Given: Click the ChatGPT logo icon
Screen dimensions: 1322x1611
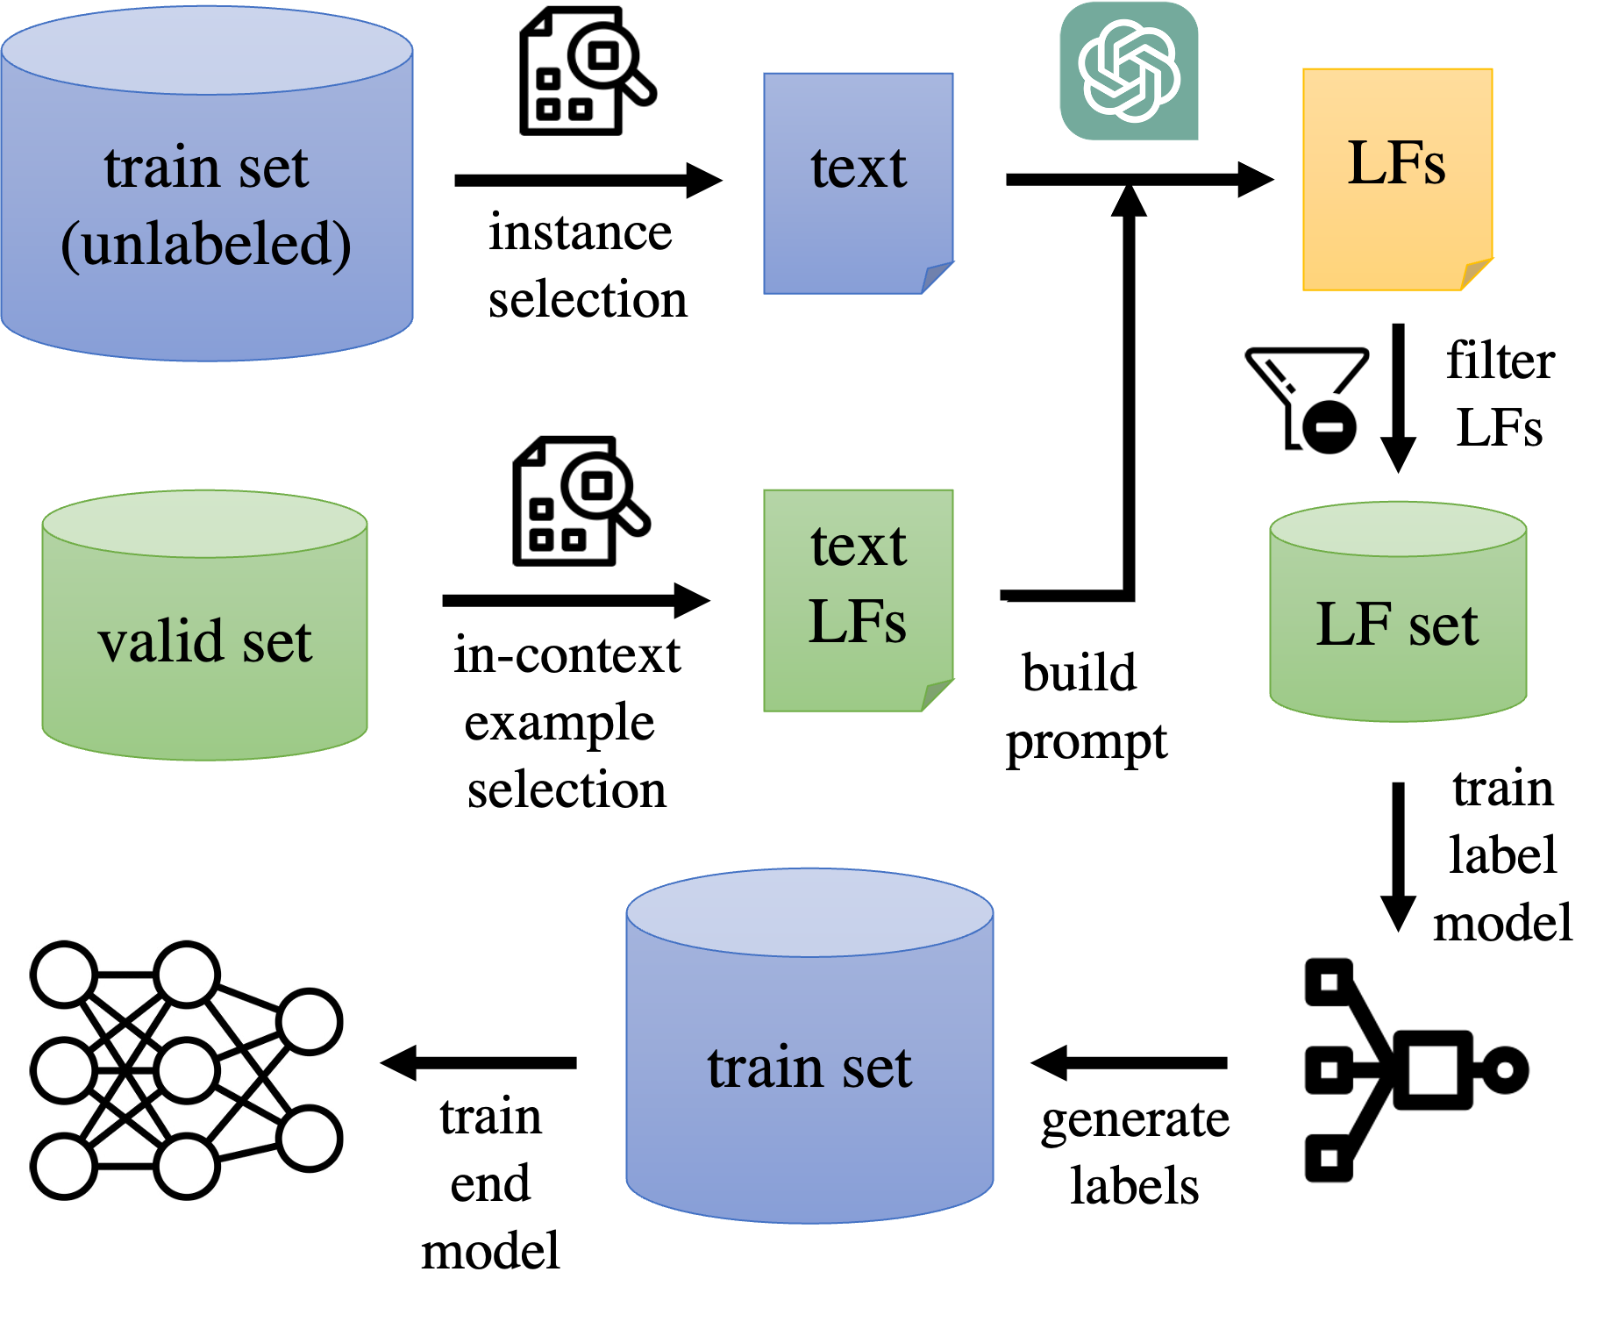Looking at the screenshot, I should coord(1129,70).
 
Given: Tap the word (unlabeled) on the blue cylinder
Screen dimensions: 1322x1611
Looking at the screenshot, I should coord(206,244).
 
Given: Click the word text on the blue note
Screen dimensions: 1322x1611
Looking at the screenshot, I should coord(858,168).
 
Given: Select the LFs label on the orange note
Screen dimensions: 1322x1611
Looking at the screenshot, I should coord(1396,163).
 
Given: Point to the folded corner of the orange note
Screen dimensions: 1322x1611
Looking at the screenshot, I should coord(1478,274).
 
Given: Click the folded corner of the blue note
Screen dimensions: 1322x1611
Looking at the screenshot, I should coord(938,277).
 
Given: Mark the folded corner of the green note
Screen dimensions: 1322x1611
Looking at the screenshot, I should coord(938,695).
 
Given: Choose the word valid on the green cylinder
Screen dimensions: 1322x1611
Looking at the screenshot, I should coord(160,641).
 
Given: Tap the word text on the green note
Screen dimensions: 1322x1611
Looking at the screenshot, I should coord(858,546).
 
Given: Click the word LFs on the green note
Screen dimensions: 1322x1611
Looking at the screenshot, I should coord(857,622).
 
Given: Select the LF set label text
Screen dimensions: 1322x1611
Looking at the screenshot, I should coord(1397,625).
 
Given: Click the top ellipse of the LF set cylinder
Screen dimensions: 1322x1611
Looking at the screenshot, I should coord(1398,529).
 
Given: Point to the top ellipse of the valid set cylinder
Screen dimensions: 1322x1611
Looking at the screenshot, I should coord(204,524).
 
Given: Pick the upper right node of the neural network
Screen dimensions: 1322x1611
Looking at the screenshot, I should coord(309,1021).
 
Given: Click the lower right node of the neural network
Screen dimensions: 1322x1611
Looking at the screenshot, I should coord(309,1138).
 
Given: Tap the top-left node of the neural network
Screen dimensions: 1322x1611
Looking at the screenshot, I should coord(63,974).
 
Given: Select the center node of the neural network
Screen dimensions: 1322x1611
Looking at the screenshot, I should coord(186,1069).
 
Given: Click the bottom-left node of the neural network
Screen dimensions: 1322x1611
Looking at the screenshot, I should coord(63,1166).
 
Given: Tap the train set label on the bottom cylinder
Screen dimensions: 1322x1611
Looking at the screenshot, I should coord(809,1068).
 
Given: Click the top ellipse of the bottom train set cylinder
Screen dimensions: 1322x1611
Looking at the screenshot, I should coord(809,912).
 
